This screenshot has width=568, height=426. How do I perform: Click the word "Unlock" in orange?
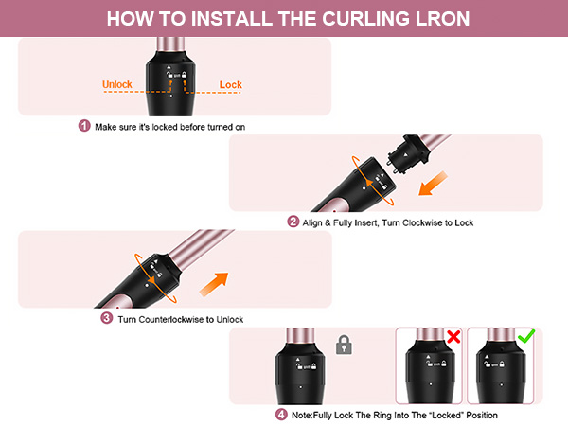(x=117, y=84)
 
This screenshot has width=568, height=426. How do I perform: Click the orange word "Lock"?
(x=230, y=84)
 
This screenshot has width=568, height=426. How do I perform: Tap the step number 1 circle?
(x=83, y=126)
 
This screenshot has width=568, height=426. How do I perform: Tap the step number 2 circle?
(x=293, y=222)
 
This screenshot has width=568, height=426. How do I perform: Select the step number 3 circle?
(x=106, y=319)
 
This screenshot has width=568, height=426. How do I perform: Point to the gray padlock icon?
(x=345, y=346)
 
